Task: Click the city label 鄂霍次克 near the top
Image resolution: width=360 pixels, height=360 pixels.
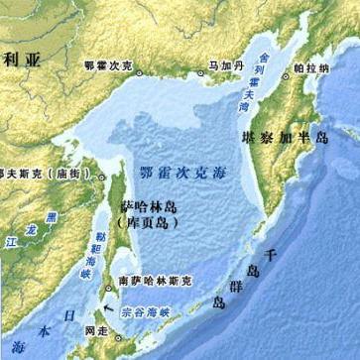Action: point(108,65)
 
